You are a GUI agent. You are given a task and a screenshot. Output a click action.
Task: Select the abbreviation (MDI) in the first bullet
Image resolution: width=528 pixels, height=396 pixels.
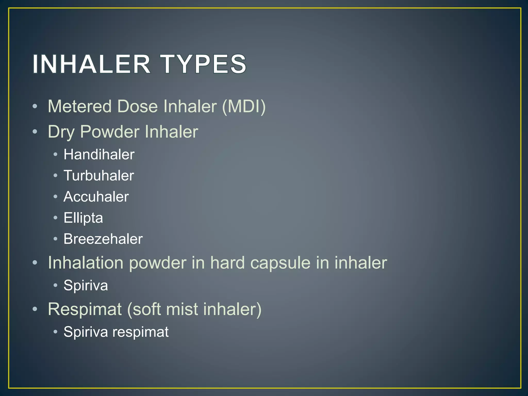coord(244,106)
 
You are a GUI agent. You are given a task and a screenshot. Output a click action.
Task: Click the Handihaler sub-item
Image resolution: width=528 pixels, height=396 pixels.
coord(99,155)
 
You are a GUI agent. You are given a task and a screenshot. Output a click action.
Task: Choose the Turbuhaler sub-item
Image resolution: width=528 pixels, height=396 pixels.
coord(99,176)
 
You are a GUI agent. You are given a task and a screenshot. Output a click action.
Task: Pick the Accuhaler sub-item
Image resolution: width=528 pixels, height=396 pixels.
coord(96,197)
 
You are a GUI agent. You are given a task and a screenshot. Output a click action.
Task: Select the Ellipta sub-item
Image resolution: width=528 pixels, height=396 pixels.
coord(83,218)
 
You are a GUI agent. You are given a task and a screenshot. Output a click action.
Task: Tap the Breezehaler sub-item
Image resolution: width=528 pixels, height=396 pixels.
coord(103,239)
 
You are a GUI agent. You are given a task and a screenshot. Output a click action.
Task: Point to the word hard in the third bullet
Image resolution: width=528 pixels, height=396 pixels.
coord(227,263)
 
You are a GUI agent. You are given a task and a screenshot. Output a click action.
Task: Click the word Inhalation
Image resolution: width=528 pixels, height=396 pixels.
coord(86,263)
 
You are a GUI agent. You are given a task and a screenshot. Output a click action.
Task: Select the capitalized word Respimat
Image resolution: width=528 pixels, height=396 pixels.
coord(85,309)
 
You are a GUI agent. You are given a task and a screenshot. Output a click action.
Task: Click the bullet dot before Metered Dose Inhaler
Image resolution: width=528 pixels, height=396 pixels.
coord(35,106)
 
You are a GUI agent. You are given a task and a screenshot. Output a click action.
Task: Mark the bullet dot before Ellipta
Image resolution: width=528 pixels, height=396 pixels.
coord(55,218)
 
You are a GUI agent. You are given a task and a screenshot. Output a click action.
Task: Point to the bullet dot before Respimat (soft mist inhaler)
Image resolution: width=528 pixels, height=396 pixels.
coord(35,309)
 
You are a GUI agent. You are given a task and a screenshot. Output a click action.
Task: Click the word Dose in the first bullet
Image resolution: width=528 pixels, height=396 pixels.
coord(137,106)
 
